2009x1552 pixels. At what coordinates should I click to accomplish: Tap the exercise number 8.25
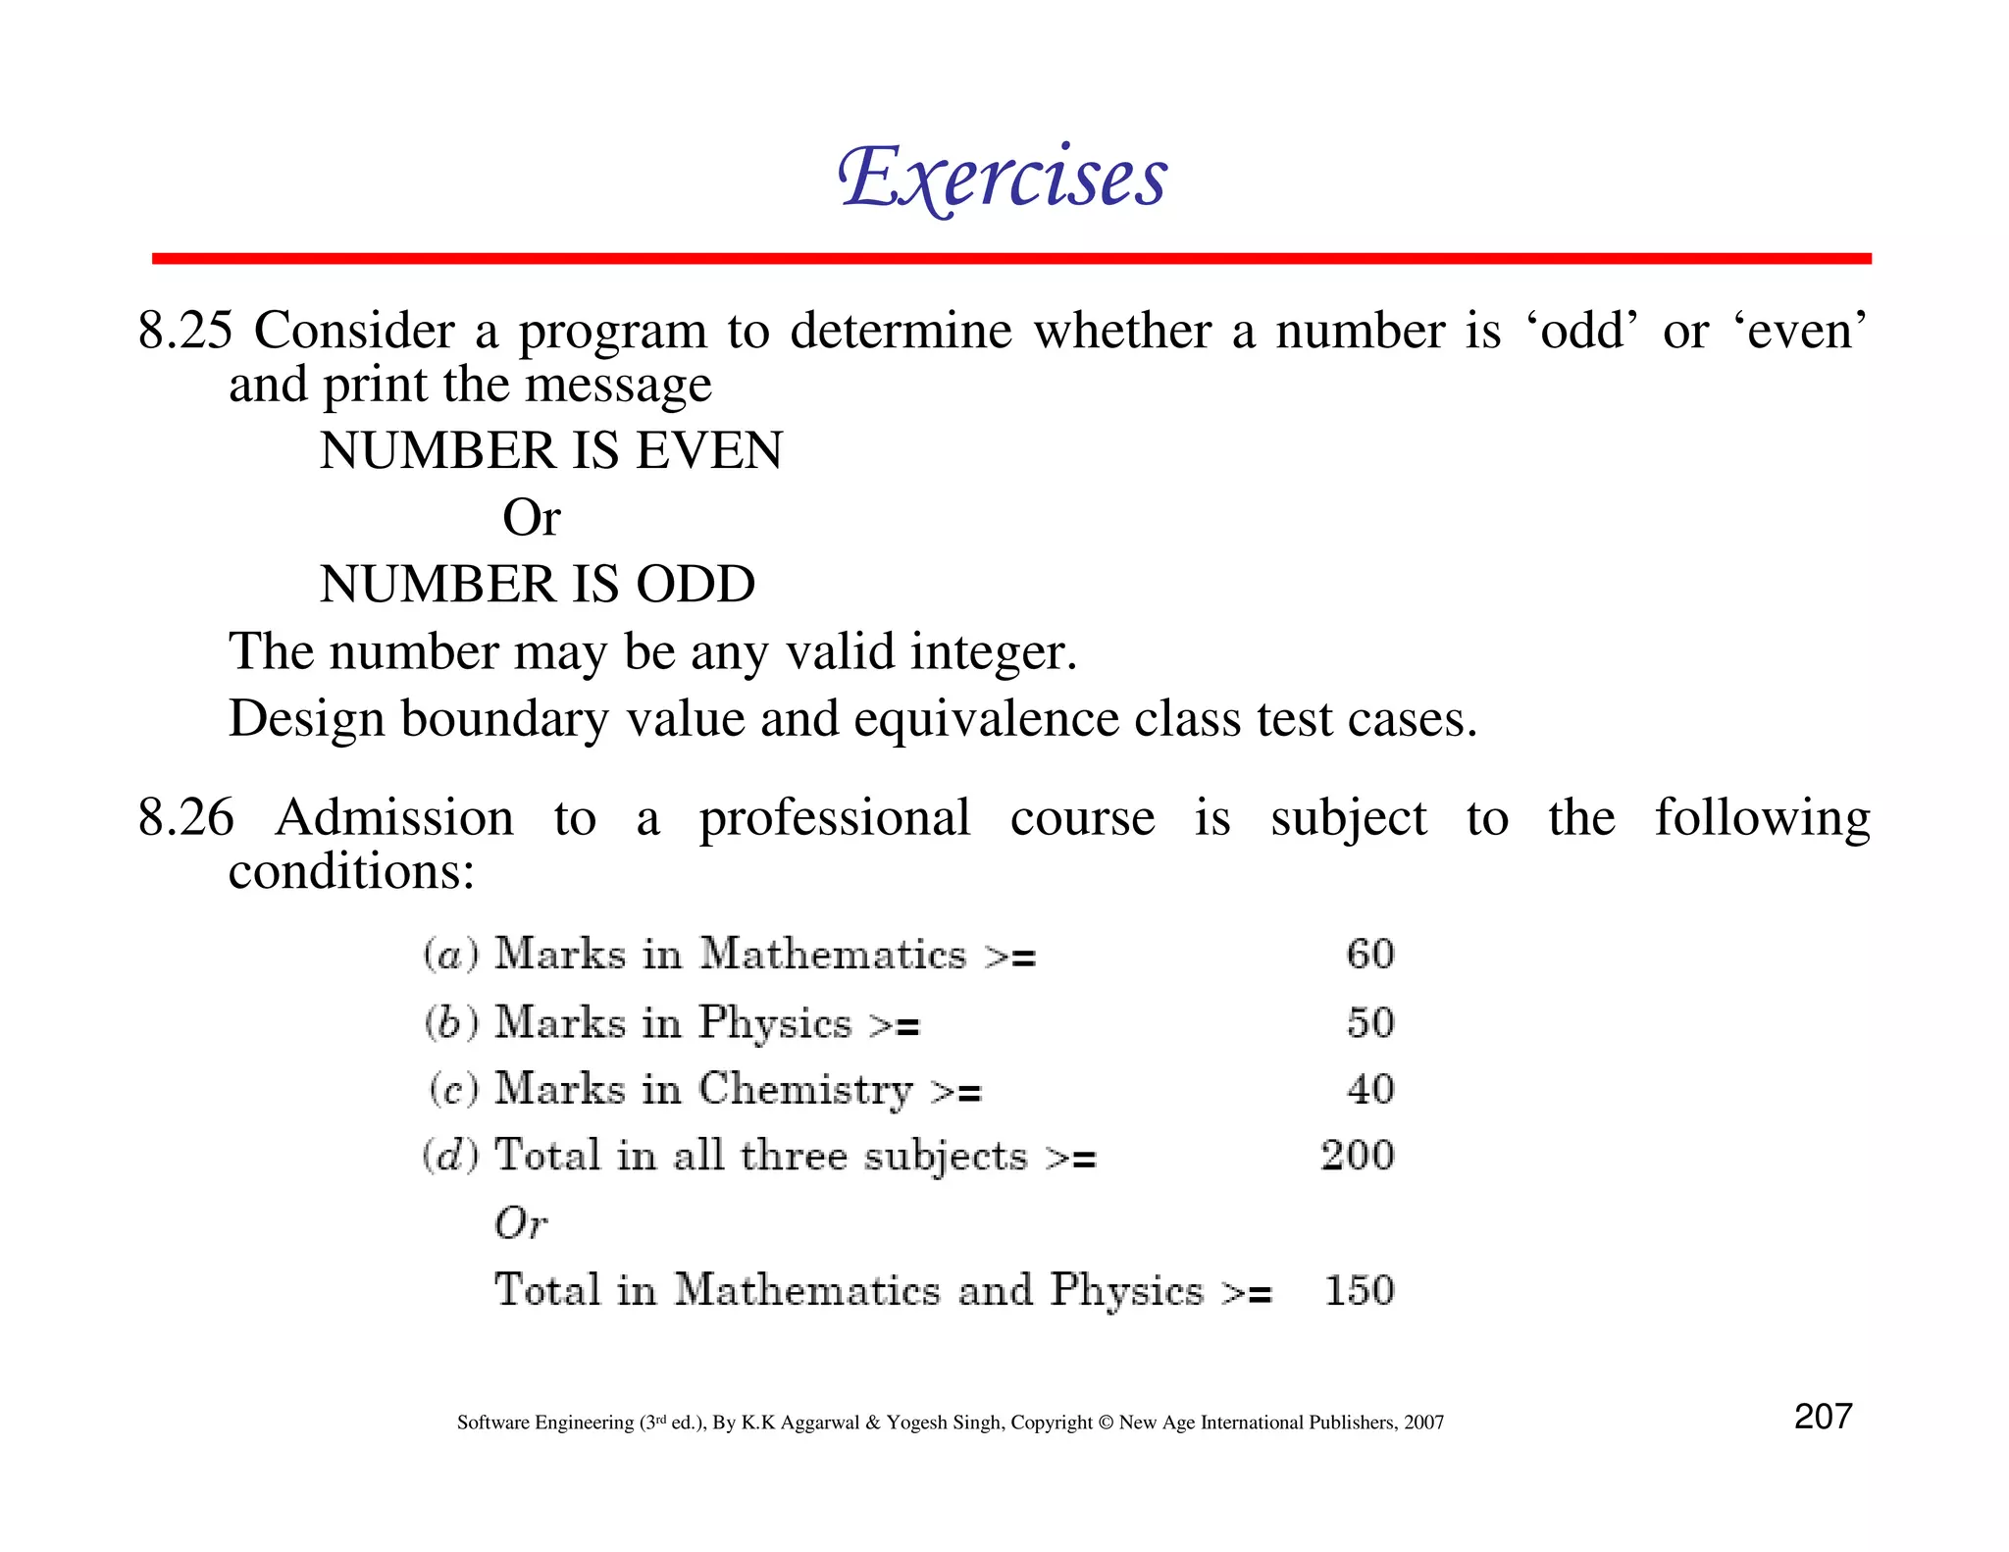click(x=185, y=331)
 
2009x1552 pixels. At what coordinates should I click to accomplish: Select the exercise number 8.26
click(x=185, y=817)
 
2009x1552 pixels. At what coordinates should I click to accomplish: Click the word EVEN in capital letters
click(x=709, y=451)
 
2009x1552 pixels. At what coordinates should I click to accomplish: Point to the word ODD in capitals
click(x=695, y=585)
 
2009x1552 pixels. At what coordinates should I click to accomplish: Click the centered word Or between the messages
click(x=531, y=518)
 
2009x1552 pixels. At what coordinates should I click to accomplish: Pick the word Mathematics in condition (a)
click(x=833, y=955)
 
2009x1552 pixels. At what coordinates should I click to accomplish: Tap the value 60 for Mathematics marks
click(x=1370, y=955)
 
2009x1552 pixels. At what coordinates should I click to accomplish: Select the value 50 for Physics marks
click(x=1370, y=1023)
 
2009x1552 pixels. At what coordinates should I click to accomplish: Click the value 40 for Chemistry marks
click(x=1370, y=1089)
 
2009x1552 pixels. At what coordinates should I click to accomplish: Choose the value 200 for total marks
click(x=1358, y=1156)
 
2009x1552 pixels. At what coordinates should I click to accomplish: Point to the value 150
click(x=1360, y=1290)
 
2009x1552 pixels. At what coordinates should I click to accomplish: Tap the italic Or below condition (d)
click(x=520, y=1223)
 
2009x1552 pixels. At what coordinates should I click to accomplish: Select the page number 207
click(x=1823, y=1417)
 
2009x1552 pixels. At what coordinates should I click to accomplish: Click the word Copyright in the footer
click(x=1052, y=1423)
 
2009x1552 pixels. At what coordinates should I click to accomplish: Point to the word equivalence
click(x=987, y=719)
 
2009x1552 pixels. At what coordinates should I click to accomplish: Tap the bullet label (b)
click(x=451, y=1023)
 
